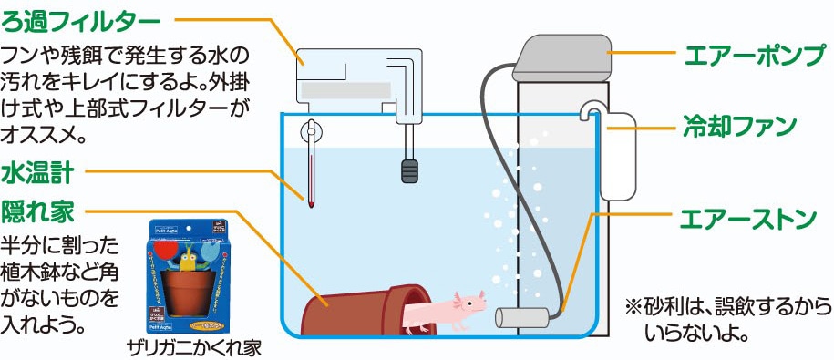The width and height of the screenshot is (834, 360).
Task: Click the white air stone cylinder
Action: tap(520, 317)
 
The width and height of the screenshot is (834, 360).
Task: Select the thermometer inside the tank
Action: tap(312, 169)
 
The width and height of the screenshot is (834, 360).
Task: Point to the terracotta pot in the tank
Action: tap(365, 309)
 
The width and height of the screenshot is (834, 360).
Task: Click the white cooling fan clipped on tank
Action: tap(618, 155)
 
